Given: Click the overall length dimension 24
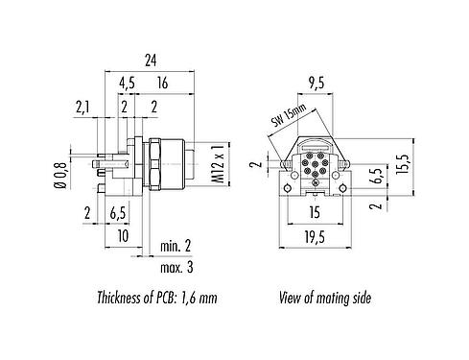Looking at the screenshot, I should (x=150, y=60).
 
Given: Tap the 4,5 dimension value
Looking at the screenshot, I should (x=127, y=84).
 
